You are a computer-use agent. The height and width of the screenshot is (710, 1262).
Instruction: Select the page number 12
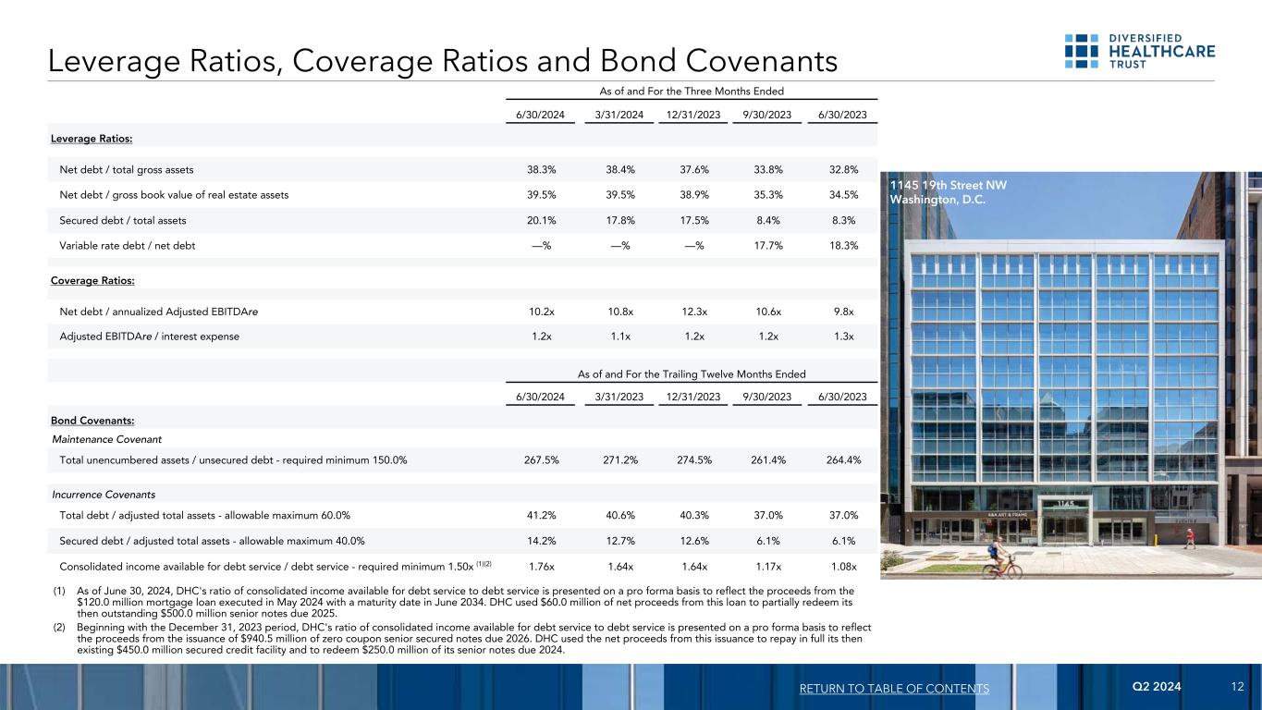(1237, 688)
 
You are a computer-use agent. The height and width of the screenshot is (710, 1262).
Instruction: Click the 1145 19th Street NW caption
(948, 185)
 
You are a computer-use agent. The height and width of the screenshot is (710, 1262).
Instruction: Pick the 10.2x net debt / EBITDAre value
(542, 312)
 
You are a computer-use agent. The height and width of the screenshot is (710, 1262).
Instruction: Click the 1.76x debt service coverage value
(542, 567)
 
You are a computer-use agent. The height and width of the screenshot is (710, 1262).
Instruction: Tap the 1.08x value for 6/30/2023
(842, 567)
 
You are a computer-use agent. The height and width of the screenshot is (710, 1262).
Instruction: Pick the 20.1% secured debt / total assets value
(542, 220)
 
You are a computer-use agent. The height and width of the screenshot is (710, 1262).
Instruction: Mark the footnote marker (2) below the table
(57, 628)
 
